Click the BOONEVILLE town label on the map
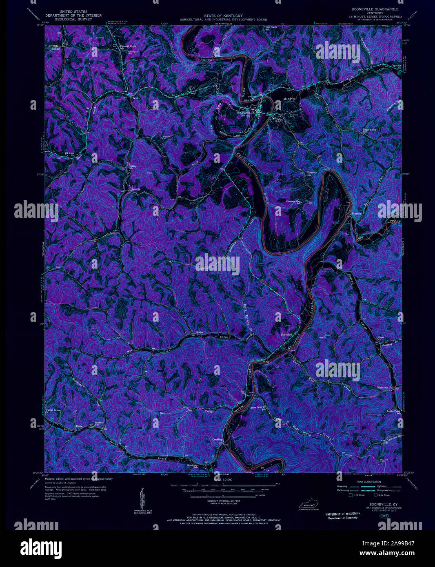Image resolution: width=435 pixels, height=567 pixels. pos(246,112)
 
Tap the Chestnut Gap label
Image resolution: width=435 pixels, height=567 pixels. pos(312,173)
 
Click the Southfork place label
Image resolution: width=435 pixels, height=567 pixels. pos(287,335)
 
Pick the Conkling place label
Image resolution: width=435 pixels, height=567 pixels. pos(218,440)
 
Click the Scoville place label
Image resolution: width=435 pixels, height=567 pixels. pos(135,189)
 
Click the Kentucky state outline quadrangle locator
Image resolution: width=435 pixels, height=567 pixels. pos(309,505)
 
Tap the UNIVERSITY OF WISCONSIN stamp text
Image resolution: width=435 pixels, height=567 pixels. pos(342,513)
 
